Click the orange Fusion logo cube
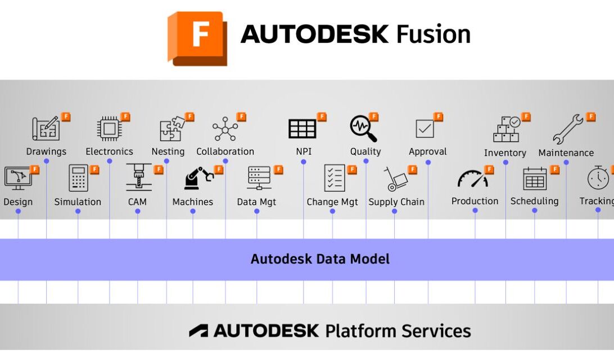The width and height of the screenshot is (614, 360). [197, 38]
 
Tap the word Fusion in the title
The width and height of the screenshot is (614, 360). [433, 35]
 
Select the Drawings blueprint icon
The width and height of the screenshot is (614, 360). [46, 129]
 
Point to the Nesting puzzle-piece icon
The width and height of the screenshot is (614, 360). [170, 129]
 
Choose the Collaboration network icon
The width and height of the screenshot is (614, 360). [225, 129]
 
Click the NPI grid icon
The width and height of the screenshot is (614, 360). [303, 129]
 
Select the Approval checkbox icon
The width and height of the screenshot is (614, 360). [425, 129]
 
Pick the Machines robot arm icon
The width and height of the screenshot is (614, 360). [198, 179]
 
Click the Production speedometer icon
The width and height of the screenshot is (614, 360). [472, 179]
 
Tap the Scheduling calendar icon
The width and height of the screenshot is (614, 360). [535, 179]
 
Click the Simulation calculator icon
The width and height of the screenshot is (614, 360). [78, 178]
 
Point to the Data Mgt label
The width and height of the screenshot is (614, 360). [256, 202]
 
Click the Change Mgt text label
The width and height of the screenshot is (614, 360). [332, 202]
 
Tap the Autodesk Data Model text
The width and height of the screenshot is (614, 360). [320, 259]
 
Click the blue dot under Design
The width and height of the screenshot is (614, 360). [18, 211]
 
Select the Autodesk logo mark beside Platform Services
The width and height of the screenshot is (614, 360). [198, 331]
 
